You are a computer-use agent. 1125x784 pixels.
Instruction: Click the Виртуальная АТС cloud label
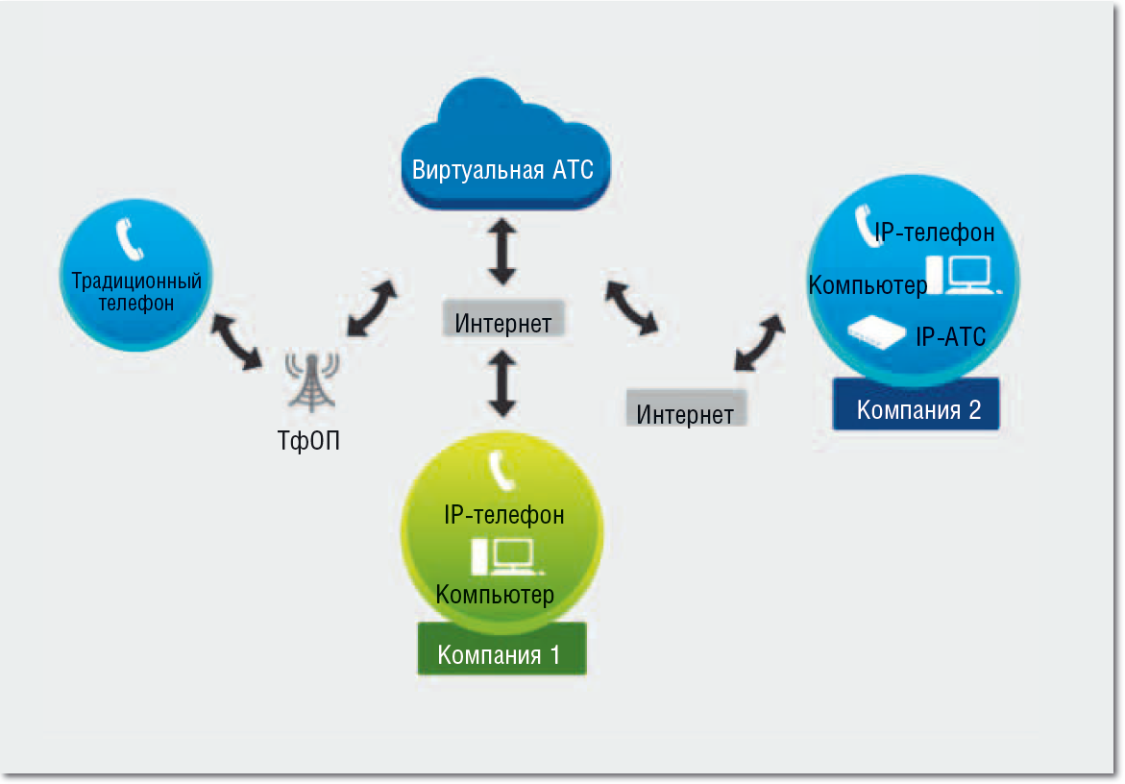coord(502,170)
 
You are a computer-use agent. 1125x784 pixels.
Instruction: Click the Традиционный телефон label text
coord(136,292)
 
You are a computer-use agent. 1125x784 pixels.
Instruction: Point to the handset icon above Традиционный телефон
coord(129,240)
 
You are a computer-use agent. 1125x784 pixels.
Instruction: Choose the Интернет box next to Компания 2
coord(685,413)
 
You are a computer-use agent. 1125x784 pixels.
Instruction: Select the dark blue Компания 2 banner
coord(918,410)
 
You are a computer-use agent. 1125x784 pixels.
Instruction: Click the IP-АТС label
coord(950,336)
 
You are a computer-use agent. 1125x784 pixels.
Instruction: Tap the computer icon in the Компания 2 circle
coord(963,274)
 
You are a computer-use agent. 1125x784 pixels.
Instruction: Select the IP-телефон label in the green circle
coord(503,515)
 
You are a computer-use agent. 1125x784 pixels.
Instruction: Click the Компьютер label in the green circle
coord(495,594)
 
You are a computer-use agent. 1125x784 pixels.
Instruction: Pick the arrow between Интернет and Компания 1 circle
coord(503,381)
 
